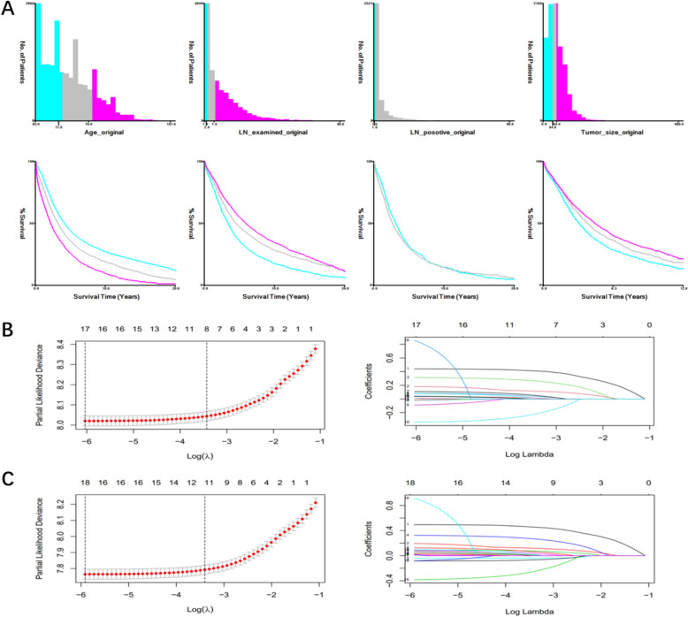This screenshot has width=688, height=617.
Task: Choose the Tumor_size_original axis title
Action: click(x=601, y=136)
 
